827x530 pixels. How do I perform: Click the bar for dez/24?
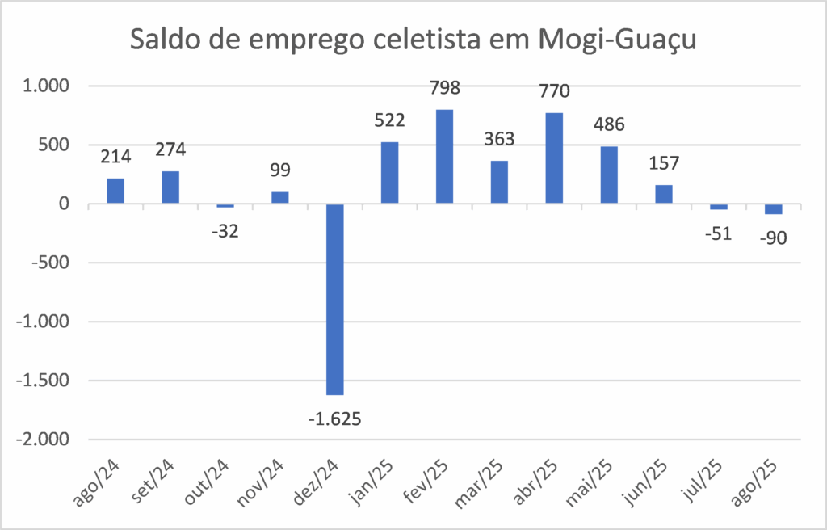pos(334,299)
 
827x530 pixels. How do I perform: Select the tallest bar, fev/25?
pos(444,157)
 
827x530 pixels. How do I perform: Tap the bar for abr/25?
pos(554,158)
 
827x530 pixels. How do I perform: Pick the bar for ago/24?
pos(115,191)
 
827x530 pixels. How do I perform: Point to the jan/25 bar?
pos(389,173)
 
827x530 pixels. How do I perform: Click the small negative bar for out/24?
pos(225,206)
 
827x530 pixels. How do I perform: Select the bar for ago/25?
pos(773,209)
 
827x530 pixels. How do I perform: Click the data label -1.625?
pos(334,419)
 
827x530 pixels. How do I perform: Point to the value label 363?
pos(499,139)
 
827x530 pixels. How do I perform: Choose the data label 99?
pos(280,170)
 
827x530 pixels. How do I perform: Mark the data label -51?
pos(718,233)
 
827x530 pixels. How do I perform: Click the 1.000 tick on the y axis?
pos(47,86)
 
